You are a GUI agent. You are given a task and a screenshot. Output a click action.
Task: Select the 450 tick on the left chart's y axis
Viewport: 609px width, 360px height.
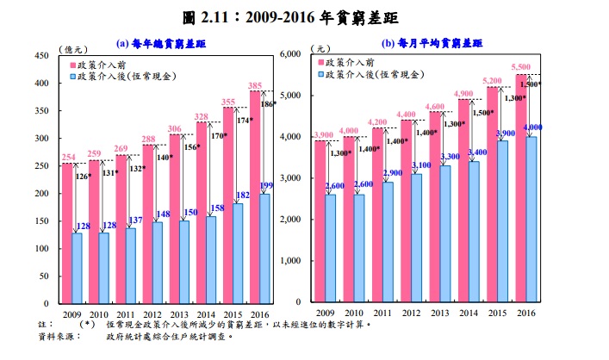[x=40, y=55]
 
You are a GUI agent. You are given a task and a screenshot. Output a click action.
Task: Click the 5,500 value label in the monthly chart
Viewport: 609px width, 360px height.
[x=521, y=67]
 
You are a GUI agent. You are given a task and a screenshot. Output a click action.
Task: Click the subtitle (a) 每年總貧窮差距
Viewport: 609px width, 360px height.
[x=159, y=42]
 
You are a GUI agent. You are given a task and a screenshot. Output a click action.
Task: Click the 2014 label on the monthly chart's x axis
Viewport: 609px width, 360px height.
[x=466, y=313]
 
